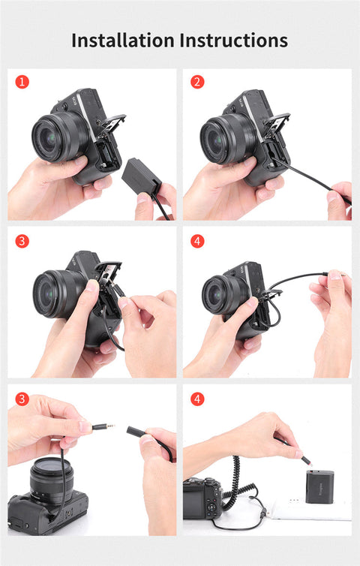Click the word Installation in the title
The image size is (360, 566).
coord(123,40)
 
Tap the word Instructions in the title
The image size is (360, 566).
coord(234,40)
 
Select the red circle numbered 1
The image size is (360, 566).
coord(22,82)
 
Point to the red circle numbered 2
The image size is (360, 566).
coord(197,82)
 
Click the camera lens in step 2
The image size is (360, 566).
coord(219,140)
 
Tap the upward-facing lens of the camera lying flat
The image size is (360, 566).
coord(52,480)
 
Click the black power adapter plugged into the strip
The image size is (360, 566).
coord(319,486)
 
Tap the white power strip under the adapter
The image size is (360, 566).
coord(313,508)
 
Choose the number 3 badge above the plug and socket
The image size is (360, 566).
coord(22,399)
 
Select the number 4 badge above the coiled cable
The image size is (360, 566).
coord(197,399)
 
